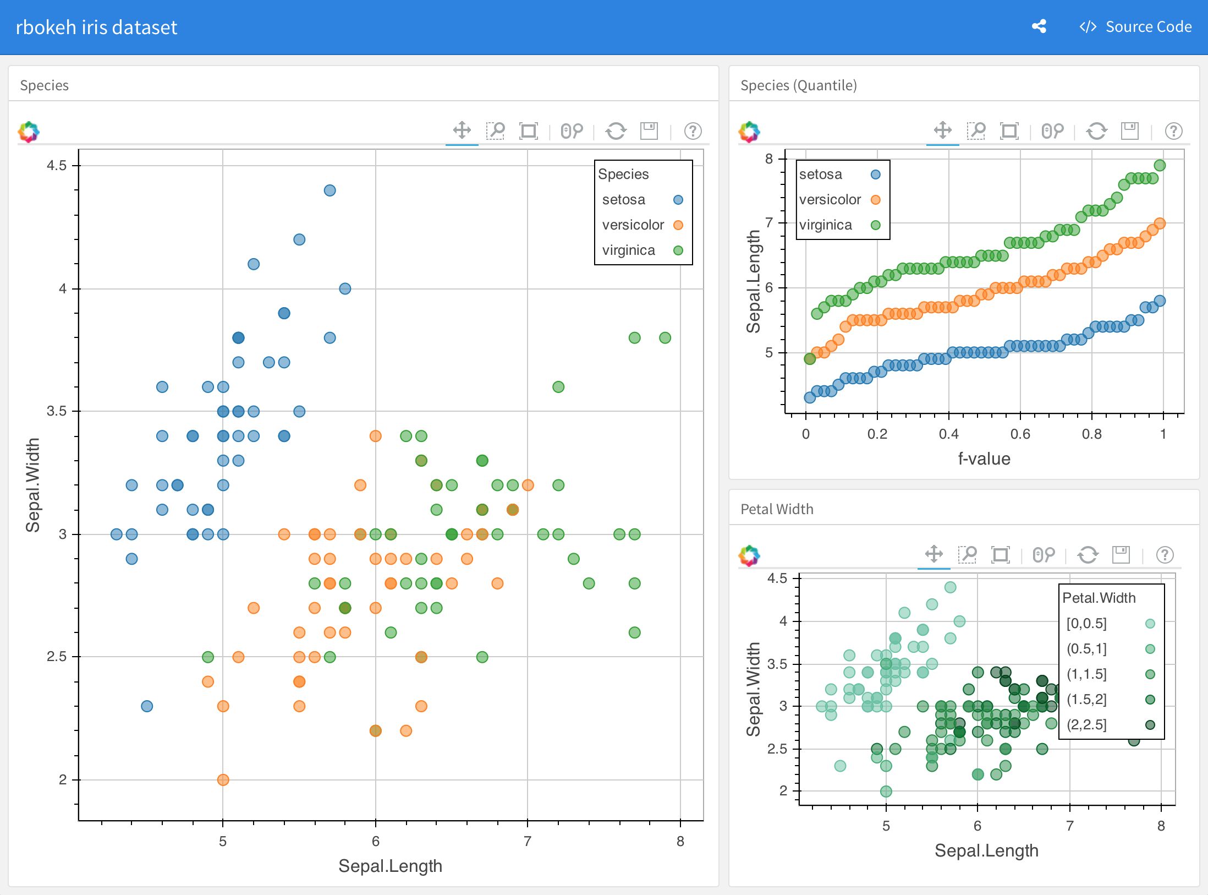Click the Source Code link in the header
pyautogui.click(x=1136, y=27)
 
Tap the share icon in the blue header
pyautogui.click(x=1039, y=26)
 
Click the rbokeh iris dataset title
pyautogui.click(x=96, y=28)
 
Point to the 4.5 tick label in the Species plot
pyautogui.click(x=57, y=165)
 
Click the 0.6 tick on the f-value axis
pyautogui.click(x=1020, y=434)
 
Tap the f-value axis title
pyautogui.click(x=984, y=459)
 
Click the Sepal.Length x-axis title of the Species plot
pyautogui.click(x=390, y=866)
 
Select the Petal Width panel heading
pyautogui.click(x=777, y=509)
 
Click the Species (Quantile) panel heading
pyautogui.click(x=798, y=85)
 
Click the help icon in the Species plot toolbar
pyautogui.click(x=693, y=131)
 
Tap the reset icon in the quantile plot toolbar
pyautogui.click(x=1097, y=131)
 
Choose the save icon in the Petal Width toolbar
pyautogui.click(x=1121, y=555)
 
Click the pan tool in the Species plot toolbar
pyautogui.click(x=462, y=131)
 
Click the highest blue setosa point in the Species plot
pyautogui.click(x=330, y=190)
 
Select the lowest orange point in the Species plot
pyautogui.click(x=223, y=779)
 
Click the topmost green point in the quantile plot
pyautogui.click(x=1160, y=165)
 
